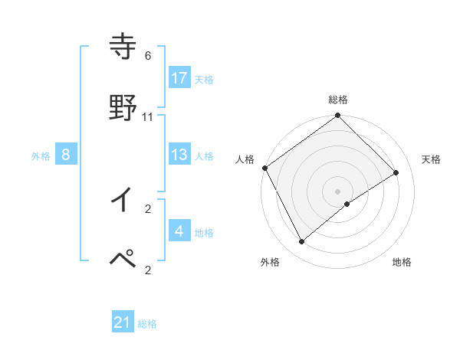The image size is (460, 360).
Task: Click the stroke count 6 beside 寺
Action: tap(148, 56)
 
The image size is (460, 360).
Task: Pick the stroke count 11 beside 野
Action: tap(148, 116)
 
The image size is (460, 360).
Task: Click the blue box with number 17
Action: tap(179, 77)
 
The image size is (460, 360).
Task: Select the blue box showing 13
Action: tap(179, 155)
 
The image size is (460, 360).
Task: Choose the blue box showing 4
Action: tap(179, 231)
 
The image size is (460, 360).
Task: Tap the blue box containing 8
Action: tap(66, 155)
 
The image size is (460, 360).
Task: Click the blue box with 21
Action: tap(123, 322)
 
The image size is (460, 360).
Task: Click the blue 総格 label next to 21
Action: tap(147, 324)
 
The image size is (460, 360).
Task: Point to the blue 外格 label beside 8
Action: tap(41, 156)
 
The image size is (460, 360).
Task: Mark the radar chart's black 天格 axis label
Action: tap(431, 159)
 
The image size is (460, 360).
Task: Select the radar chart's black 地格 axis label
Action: tap(402, 262)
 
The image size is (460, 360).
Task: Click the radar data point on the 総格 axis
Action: tap(337, 116)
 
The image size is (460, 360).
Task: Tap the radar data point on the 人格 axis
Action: tap(264, 168)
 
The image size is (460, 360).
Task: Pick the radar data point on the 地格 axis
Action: tap(347, 204)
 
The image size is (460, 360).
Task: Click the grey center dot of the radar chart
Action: tap(337, 191)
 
